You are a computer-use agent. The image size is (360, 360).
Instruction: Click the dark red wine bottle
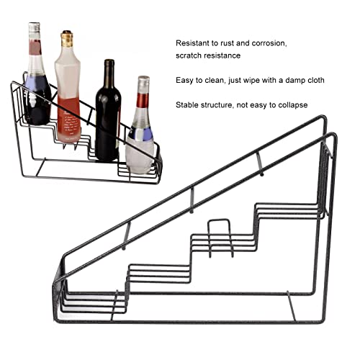point(107,119)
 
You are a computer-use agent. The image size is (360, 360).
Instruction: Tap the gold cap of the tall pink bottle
point(67,38)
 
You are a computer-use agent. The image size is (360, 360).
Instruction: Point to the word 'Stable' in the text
point(189,105)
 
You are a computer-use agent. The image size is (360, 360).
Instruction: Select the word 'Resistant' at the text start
point(195,43)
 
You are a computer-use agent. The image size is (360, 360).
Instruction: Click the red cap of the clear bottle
point(143,81)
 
